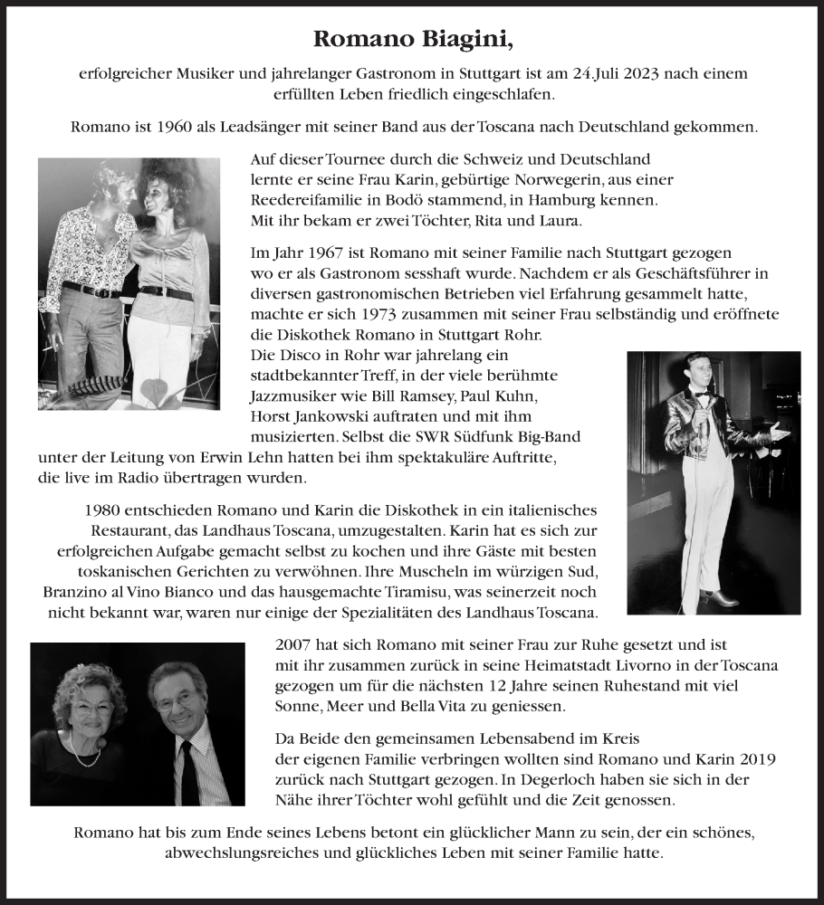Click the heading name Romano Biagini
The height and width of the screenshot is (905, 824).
[x=412, y=39]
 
